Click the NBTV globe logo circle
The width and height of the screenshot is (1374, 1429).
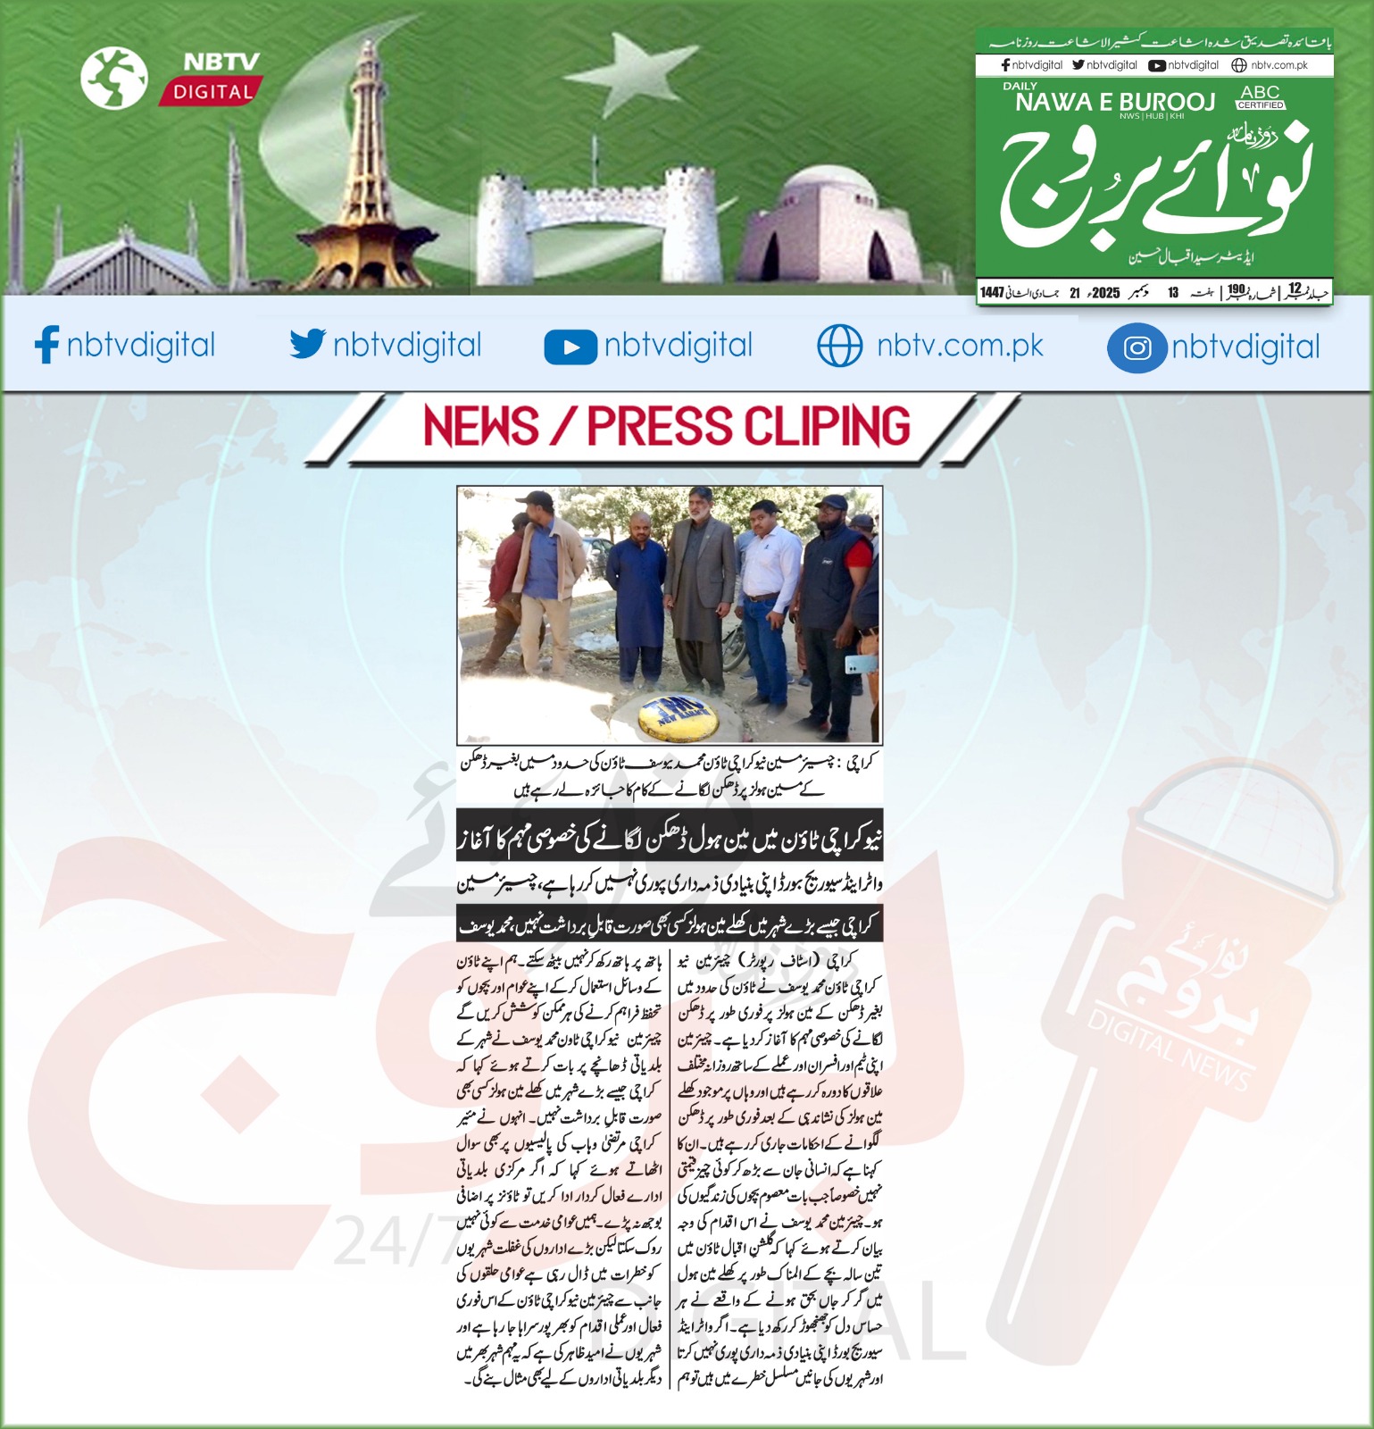tap(113, 77)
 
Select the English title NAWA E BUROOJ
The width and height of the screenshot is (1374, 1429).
tap(1115, 103)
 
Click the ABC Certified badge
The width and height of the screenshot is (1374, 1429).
tap(1260, 97)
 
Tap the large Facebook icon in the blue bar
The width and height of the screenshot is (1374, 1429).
tap(46, 345)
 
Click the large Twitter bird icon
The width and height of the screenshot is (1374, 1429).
tap(307, 344)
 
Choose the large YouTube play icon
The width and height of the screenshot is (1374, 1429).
tap(570, 347)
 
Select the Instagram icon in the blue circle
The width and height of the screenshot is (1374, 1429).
tap(1137, 347)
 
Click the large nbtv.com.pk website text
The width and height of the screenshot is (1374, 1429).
tap(960, 346)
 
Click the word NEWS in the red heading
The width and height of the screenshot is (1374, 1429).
tap(481, 426)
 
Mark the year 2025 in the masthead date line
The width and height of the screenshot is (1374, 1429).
tap(1105, 293)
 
